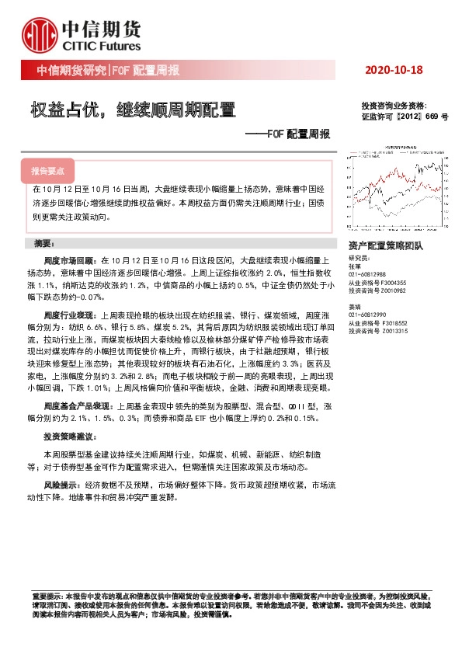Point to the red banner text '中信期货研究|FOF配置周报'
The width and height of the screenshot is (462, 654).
(109, 71)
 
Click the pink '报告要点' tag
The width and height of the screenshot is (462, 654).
(47, 170)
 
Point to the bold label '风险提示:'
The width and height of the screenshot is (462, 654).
(63, 483)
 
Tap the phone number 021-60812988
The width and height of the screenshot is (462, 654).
(370, 274)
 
